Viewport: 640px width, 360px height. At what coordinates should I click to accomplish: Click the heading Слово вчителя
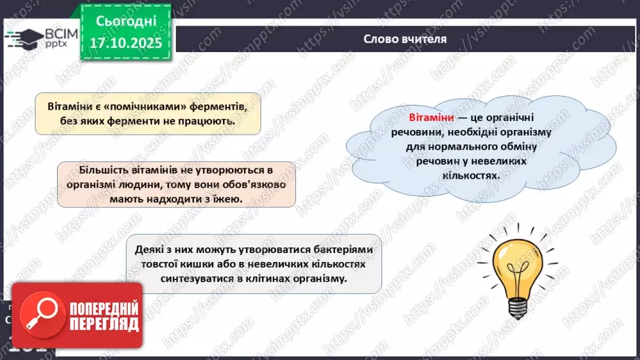point(405,39)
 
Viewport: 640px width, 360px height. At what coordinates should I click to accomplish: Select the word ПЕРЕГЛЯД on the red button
point(103,325)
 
